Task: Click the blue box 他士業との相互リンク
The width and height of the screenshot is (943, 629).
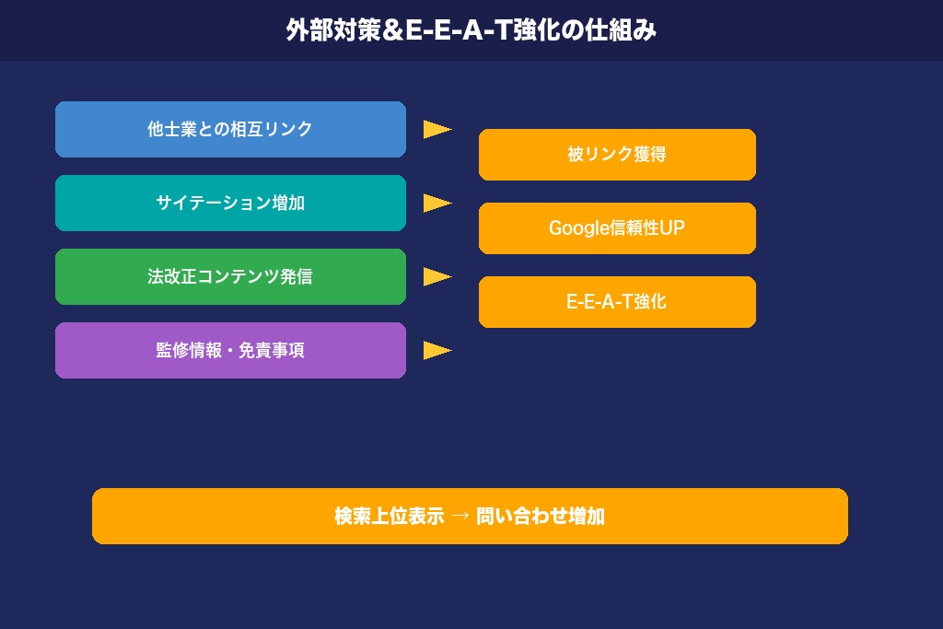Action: pos(230,129)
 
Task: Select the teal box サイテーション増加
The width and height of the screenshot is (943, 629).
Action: pos(230,203)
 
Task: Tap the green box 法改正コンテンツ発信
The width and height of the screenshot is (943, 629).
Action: pos(230,276)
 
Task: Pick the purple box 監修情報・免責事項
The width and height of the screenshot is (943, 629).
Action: pos(230,350)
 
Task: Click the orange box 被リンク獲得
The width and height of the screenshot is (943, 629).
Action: pos(617,155)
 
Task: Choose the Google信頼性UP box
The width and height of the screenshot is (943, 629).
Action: pos(617,228)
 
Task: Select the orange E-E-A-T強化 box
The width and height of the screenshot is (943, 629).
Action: pos(617,302)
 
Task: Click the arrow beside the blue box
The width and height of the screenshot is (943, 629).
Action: pos(437,129)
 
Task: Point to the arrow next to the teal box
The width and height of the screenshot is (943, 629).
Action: pos(437,203)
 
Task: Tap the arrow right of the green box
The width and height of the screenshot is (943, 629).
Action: pos(437,276)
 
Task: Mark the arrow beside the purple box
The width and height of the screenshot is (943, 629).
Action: pos(437,350)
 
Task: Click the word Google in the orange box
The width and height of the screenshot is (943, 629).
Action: pos(579,228)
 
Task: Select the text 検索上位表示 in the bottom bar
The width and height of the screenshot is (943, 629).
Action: pos(390,516)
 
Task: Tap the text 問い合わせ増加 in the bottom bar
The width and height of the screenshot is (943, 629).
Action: pos(541,516)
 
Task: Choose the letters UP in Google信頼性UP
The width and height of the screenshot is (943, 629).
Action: pos(672,228)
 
